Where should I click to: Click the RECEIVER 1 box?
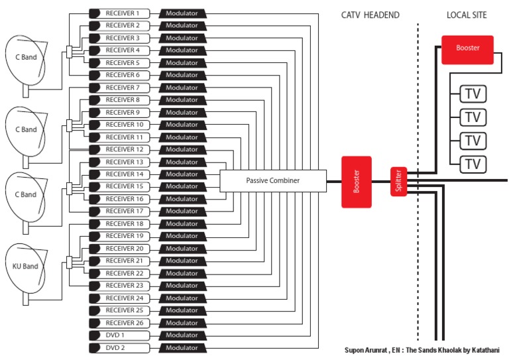[122, 13]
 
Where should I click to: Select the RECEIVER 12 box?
[122, 150]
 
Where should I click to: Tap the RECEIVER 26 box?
[122, 323]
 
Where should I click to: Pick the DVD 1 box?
[122, 335]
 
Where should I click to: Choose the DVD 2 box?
[122, 348]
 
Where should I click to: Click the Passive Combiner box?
[273, 180]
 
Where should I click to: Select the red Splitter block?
[399, 181]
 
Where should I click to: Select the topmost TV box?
[472, 93]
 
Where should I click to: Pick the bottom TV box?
[472, 163]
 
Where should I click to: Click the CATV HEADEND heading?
[370, 15]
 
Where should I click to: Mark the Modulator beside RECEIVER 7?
[182, 88]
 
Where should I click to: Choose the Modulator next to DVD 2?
[182, 348]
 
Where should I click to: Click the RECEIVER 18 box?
[122, 224]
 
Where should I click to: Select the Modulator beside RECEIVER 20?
[182, 249]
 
